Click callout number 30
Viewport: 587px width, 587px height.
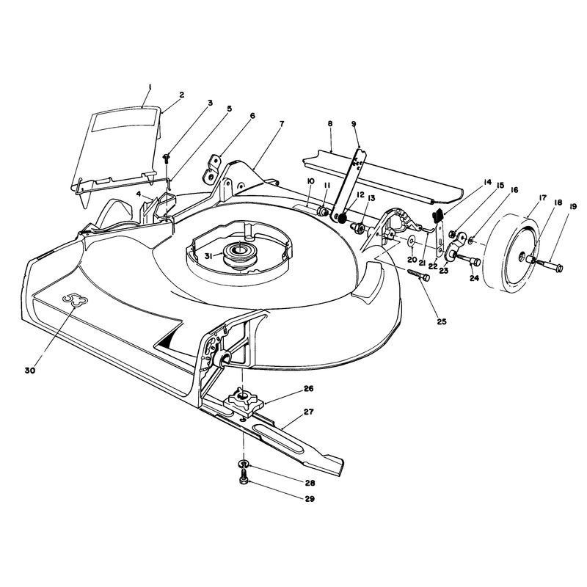click(30, 371)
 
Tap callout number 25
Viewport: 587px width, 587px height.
click(442, 321)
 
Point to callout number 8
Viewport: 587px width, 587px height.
click(329, 123)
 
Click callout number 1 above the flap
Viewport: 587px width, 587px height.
click(150, 87)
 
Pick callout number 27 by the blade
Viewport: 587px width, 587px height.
click(309, 412)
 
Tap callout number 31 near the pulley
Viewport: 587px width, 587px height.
click(209, 256)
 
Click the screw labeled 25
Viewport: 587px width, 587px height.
click(418, 275)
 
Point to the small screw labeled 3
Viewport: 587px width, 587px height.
click(167, 158)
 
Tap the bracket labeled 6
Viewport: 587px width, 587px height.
click(211, 169)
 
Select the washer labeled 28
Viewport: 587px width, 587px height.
click(244, 464)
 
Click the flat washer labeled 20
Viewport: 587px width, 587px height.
click(412, 240)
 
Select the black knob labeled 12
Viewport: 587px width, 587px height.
click(342, 218)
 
